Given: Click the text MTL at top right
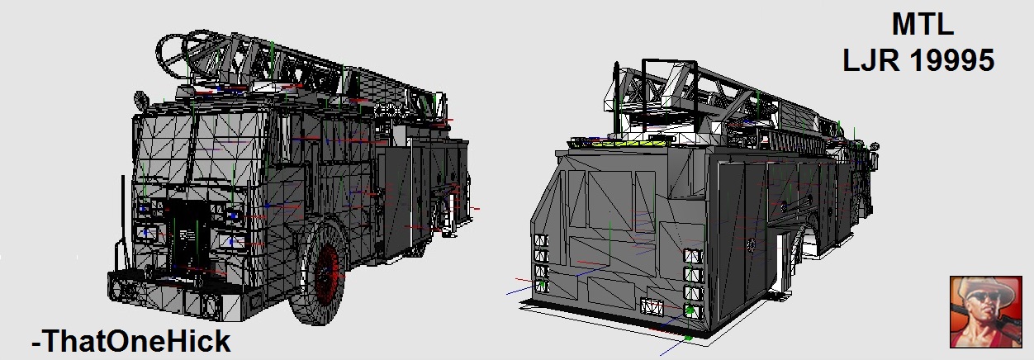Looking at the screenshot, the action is coord(923,24).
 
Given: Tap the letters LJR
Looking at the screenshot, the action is coord(871,60).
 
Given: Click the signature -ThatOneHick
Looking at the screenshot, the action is coord(131,341).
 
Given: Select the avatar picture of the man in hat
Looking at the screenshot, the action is coord(985,312).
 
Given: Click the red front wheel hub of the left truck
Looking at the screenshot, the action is coord(327,272).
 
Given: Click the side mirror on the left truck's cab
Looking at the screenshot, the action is coord(140,99).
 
